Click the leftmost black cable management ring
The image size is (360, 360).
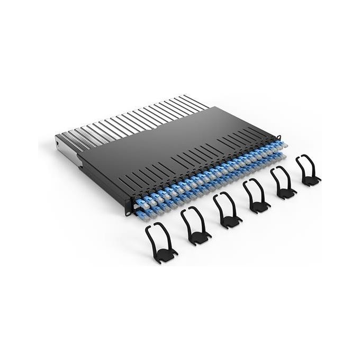pyautogui.click(x=160, y=241)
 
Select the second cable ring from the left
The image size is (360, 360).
pyautogui.click(x=195, y=226)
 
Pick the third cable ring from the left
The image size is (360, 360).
pyautogui.click(x=227, y=210)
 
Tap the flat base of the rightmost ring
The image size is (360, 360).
pyautogui.click(x=312, y=179)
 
